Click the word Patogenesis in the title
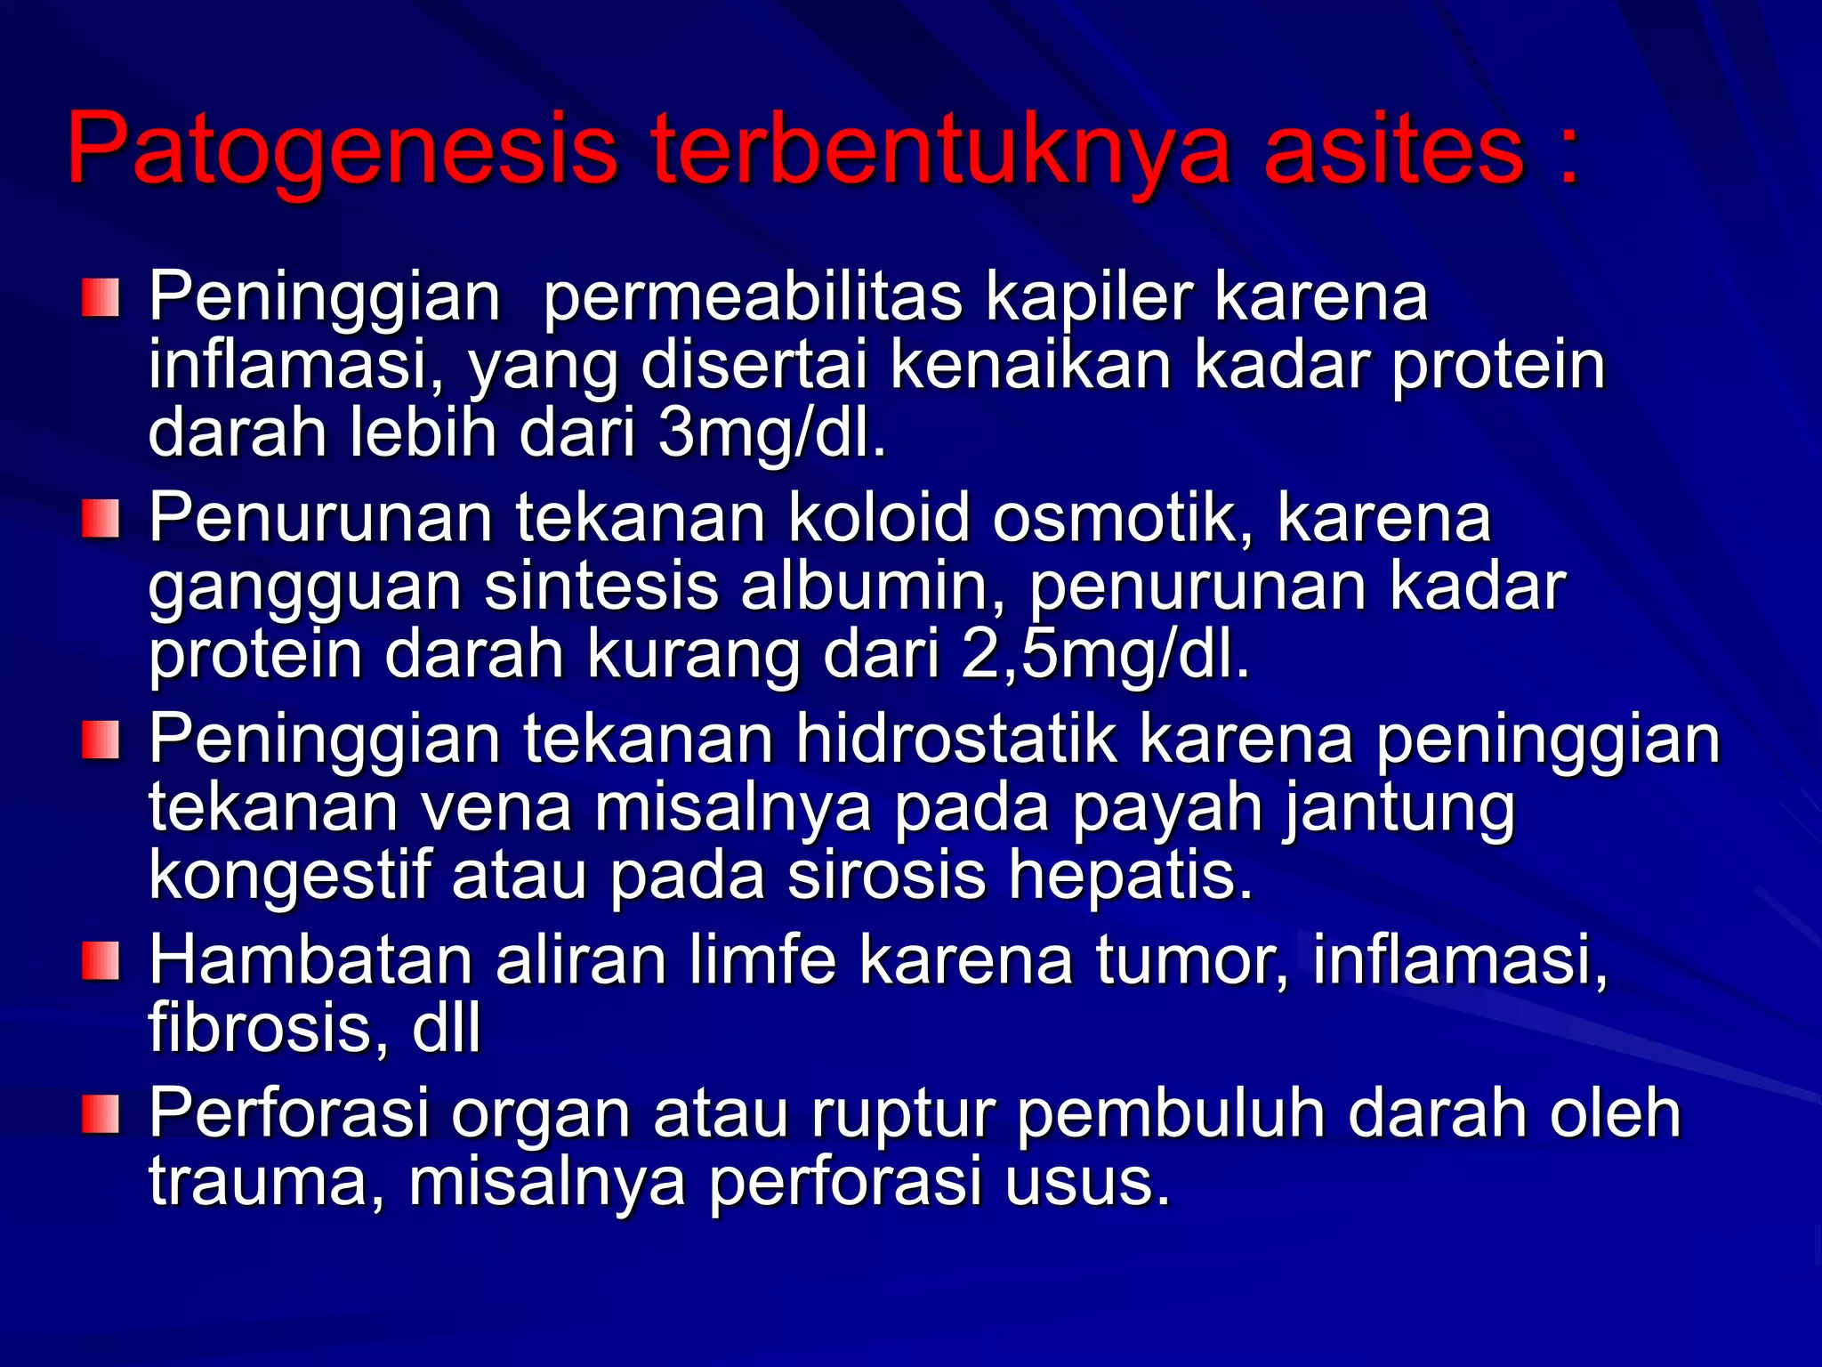(343, 150)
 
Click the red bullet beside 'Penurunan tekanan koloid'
(101, 519)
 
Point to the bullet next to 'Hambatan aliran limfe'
(101, 961)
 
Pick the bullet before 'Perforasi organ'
(101, 1114)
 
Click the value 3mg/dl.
(772, 434)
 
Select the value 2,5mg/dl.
(1105, 657)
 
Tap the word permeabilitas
(752, 298)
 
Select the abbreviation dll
(446, 1028)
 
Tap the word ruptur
(903, 1114)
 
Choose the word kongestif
(289, 876)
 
